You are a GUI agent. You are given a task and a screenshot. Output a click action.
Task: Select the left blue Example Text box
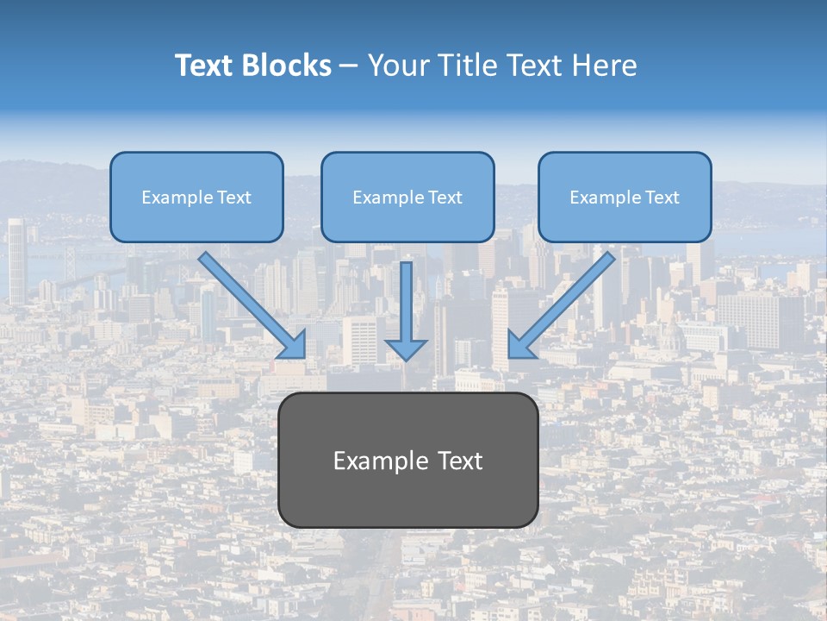click(x=196, y=198)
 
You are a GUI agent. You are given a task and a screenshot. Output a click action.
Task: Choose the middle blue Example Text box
click(x=407, y=198)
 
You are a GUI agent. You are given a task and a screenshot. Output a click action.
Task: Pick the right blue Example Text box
click(x=625, y=198)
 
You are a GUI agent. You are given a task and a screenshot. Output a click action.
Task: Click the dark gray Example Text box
click(x=407, y=460)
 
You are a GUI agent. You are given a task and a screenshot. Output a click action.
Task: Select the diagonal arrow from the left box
click(x=250, y=304)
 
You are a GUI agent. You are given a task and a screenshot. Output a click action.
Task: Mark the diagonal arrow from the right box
click(x=564, y=304)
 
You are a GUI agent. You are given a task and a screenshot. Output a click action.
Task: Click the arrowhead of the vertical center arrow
click(x=406, y=348)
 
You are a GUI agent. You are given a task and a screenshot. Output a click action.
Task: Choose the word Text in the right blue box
click(x=662, y=198)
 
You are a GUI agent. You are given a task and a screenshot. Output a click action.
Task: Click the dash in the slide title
click(x=348, y=66)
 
